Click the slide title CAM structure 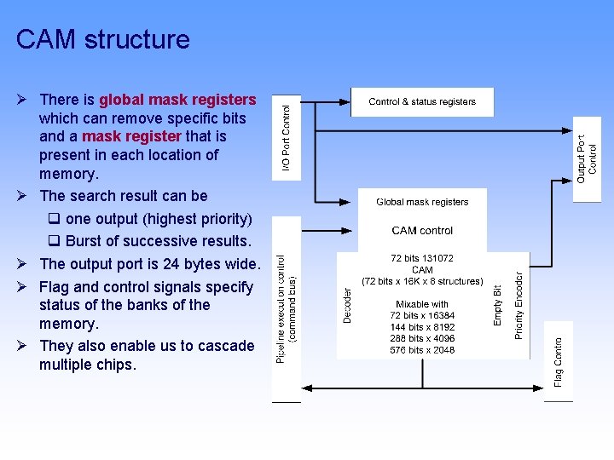(102, 39)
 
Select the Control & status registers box (422, 102)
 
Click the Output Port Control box (587, 158)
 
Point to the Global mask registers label (422, 202)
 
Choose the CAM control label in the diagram (422, 230)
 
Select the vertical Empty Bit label (498, 305)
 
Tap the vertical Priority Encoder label (518, 302)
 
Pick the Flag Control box (559, 359)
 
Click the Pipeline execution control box (287, 308)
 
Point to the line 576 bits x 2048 (422, 349)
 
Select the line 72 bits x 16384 (422, 315)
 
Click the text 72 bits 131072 (422, 258)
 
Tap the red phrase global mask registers (177, 100)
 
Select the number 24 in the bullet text (171, 264)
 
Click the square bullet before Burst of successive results (54, 241)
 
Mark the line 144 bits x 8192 (422, 326)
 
